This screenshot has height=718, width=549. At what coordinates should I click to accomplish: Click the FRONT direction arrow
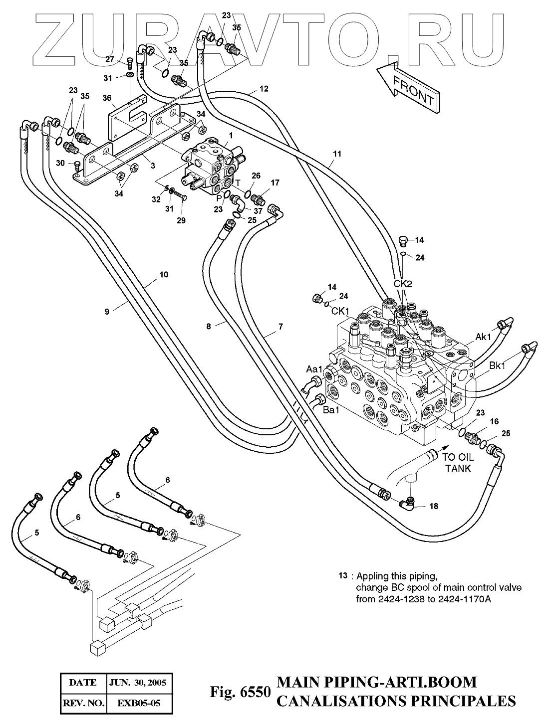tap(408, 88)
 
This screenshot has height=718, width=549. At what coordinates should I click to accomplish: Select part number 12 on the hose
tap(264, 89)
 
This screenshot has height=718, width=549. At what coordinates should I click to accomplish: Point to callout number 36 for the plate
tap(107, 98)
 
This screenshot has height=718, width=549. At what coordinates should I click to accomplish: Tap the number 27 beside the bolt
tap(110, 59)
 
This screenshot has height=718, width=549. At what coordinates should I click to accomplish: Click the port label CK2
tap(403, 284)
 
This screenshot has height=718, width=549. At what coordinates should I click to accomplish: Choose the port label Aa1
tap(314, 369)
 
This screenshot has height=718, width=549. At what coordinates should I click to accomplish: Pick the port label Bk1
tap(497, 365)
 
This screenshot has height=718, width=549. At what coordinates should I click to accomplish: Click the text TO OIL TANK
tap(458, 463)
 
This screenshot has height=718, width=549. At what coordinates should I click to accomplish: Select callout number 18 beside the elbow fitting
tap(434, 507)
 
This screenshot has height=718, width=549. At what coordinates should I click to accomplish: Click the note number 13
tap(342, 584)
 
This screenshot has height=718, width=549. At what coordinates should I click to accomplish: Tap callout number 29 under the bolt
tap(181, 220)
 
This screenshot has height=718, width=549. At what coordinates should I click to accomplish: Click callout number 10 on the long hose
tap(164, 274)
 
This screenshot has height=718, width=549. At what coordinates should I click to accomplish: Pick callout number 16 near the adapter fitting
tap(494, 421)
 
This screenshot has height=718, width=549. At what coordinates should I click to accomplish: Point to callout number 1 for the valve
tap(231, 135)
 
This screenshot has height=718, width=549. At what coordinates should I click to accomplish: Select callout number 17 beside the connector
tap(275, 182)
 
